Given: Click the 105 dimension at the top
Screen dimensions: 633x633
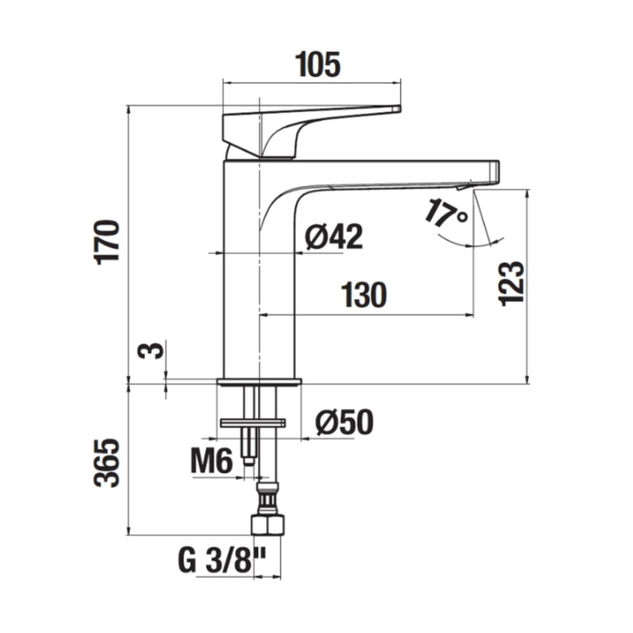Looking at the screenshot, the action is (x=318, y=65).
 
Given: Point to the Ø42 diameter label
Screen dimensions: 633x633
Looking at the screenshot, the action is (x=334, y=237).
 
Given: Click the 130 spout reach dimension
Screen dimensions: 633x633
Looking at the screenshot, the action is (x=364, y=295).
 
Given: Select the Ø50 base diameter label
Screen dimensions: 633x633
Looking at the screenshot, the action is (x=344, y=423).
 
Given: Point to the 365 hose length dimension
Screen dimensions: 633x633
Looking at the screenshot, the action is (x=107, y=463).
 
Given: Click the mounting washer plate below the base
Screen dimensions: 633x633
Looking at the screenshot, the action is (x=253, y=423).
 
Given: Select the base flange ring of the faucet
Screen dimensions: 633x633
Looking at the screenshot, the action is (x=259, y=382).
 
